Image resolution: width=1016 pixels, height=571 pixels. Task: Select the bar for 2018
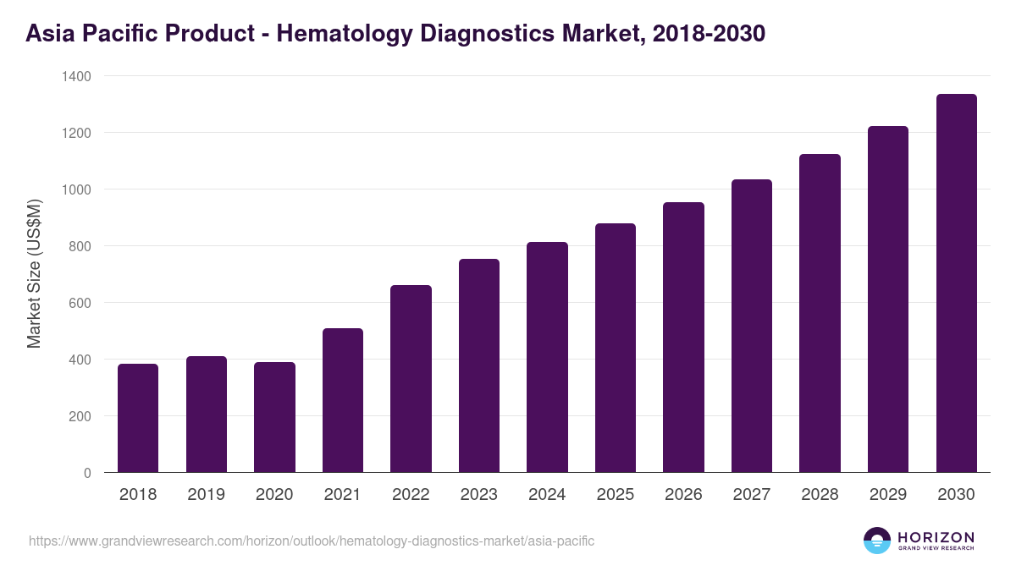[x=138, y=418]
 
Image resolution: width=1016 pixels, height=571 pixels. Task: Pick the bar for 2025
[x=616, y=348]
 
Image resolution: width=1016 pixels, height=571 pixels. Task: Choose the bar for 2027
[x=752, y=326]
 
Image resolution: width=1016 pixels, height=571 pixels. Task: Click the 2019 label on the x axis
[x=206, y=495]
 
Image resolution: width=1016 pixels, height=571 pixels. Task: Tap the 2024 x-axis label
[x=547, y=495]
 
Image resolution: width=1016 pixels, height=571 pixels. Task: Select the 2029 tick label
[x=888, y=495]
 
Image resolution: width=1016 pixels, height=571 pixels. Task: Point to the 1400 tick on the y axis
[x=75, y=76]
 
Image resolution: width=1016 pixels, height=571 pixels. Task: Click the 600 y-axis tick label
[x=80, y=303]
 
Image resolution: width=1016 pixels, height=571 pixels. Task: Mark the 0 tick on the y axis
[x=87, y=473]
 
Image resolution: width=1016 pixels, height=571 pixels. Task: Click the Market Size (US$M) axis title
[x=34, y=274]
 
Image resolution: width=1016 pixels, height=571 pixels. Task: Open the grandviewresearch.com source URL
[x=312, y=541]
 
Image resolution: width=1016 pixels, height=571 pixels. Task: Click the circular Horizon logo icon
[x=877, y=541]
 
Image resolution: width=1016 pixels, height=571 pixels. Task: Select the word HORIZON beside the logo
[x=936, y=537]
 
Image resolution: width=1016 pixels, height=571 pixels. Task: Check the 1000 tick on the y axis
[x=75, y=189]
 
